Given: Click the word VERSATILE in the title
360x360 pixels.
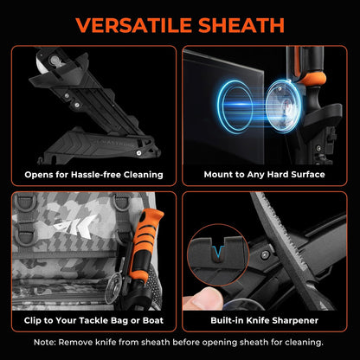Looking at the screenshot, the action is point(134,25).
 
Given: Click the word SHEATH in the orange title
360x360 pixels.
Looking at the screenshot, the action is point(241,25).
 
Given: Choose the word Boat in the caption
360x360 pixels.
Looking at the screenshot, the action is point(153,320).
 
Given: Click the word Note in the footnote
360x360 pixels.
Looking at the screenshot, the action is point(44,343).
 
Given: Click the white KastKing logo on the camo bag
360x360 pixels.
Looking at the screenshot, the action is point(74,226).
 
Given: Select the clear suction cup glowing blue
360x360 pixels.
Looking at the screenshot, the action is point(283,106).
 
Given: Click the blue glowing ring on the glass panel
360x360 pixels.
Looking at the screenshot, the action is point(235,106).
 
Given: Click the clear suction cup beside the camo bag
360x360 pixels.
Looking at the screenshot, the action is point(113,289).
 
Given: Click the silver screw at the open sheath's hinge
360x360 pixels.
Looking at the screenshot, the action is point(139,153).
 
